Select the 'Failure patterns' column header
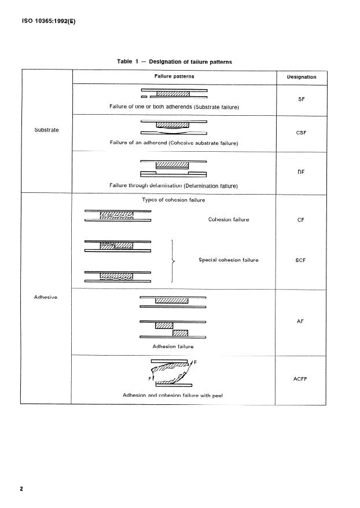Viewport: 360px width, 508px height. pyautogui.click(x=174, y=76)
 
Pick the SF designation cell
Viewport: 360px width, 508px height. pyautogui.click(x=301, y=100)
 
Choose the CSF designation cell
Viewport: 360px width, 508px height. pyautogui.click(x=301, y=133)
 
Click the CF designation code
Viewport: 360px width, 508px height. pyautogui.click(x=301, y=220)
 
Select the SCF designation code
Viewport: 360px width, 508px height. pyautogui.click(x=301, y=260)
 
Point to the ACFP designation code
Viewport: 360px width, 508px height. pyautogui.click(x=301, y=378)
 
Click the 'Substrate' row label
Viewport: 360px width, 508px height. pyautogui.click(x=47, y=130)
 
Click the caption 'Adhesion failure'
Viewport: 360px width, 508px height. pyautogui.click(x=173, y=347)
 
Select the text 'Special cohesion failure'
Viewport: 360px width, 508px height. pyautogui.click(x=228, y=260)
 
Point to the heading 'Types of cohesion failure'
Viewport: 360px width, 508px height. pyautogui.click(x=173, y=200)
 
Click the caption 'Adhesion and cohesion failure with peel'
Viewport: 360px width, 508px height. pyautogui.click(x=173, y=396)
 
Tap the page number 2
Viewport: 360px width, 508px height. pyautogui.click(x=21, y=489)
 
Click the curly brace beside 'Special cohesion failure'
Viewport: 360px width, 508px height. pyautogui.click(x=174, y=261)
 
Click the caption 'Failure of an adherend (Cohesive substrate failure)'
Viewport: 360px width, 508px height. pyautogui.click(x=174, y=142)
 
